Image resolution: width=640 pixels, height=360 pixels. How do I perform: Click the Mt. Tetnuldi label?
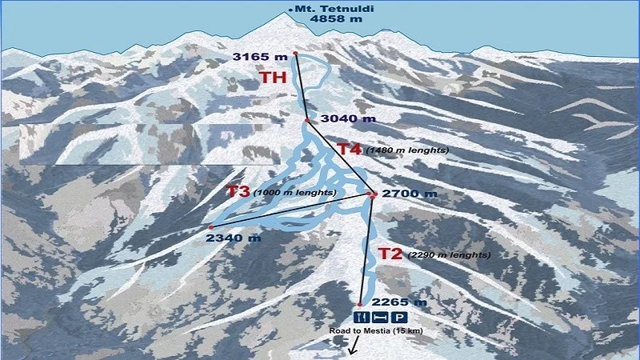(324, 10)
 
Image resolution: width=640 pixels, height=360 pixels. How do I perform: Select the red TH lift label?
(273, 78)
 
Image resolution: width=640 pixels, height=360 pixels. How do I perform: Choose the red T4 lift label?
(349, 149)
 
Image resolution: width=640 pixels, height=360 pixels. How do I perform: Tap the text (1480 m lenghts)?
(406, 150)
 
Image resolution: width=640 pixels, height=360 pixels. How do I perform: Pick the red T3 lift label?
(238, 192)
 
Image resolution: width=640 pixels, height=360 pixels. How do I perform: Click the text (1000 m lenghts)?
(294, 193)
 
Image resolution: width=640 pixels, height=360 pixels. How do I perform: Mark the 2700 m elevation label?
(410, 194)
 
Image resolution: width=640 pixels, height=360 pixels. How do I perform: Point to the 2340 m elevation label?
(233, 238)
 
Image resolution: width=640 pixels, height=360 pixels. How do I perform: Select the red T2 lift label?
(390, 254)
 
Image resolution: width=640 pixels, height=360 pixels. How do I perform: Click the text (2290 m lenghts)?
(448, 255)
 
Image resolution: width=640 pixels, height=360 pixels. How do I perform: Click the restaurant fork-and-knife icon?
(358, 318)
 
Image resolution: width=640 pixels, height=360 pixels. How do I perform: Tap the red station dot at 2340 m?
(210, 227)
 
